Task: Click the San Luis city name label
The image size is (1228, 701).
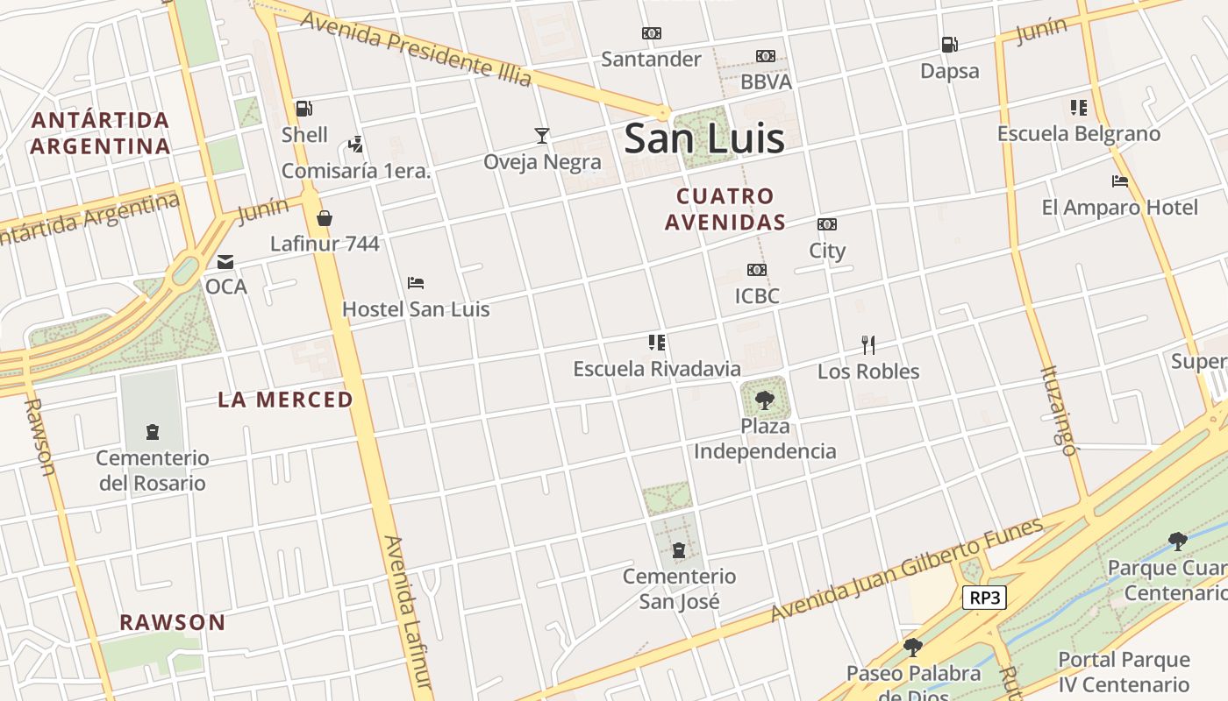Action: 703,139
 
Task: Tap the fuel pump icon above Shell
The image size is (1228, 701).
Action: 303,109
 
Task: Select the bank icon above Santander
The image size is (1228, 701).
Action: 651,33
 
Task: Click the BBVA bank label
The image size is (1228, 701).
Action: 766,82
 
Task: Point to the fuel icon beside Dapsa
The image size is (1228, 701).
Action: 949,45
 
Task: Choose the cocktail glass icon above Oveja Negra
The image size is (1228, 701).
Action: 542,135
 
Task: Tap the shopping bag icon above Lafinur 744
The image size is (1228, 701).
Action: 325,217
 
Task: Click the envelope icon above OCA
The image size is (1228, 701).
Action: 225,261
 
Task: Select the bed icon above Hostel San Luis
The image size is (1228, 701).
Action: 416,282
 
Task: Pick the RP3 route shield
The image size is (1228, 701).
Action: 984,598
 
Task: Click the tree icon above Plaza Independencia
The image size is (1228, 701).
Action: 765,400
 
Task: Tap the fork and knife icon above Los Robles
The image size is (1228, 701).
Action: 868,344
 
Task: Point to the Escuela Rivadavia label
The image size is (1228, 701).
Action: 657,369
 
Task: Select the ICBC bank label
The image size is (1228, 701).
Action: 757,296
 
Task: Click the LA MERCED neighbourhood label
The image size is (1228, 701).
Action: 285,400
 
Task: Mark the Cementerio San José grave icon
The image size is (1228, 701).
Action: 678,550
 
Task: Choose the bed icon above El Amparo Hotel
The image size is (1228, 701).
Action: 1119,181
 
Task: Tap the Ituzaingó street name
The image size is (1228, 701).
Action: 1057,410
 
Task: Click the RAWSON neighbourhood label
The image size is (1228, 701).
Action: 173,622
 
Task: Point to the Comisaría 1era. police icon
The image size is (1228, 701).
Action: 355,145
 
